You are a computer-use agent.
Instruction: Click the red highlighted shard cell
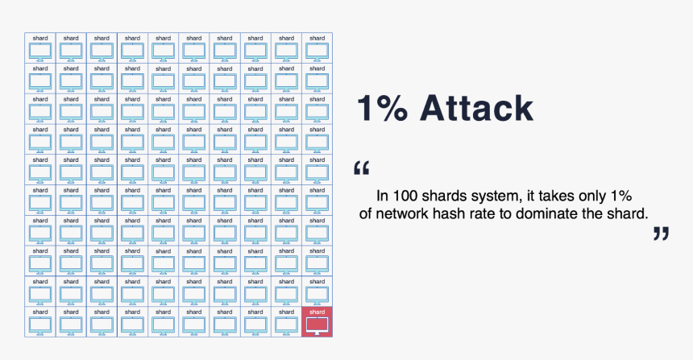click(317, 321)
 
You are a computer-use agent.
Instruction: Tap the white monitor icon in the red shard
click(317, 325)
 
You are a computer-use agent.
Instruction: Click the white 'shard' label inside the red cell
click(317, 312)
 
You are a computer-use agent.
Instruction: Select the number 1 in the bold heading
click(367, 108)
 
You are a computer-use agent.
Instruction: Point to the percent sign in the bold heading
click(397, 108)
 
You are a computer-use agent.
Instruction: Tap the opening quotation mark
click(362, 169)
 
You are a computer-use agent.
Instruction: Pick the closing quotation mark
click(661, 234)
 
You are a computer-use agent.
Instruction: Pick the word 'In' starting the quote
click(383, 196)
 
